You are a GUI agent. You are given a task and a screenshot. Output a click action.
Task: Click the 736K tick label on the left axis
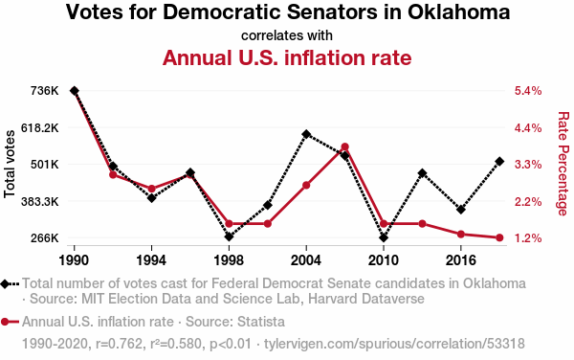coord(45,91)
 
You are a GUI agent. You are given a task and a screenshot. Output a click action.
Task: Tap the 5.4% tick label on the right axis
coord(528,91)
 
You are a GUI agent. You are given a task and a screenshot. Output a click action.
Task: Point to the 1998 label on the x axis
coord(229,260)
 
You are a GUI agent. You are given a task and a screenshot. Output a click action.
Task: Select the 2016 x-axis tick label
coord(461,260)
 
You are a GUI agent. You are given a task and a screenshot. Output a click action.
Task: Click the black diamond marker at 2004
coord(306,134)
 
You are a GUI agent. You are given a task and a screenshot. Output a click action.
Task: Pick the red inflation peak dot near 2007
coord(344,146)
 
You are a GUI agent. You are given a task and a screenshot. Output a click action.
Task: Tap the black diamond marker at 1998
coord(230,236)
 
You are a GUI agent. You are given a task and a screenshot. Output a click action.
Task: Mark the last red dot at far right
coord(499,237)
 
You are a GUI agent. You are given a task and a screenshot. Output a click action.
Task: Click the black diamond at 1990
coord(75,91)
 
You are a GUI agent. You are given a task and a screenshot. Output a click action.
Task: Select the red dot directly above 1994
coord(151,189)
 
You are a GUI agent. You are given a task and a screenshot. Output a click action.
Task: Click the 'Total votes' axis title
coord(10,164)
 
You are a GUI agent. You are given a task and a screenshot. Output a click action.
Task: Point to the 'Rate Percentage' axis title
coord(563,164)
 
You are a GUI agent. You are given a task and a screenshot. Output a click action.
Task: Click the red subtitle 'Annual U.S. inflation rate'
coord(287,57)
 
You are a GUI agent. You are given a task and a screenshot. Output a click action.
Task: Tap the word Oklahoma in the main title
coord(458,11)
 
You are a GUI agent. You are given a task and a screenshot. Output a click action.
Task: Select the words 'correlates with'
coord(287,35)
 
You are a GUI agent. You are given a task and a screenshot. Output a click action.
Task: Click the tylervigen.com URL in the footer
coord(394,344)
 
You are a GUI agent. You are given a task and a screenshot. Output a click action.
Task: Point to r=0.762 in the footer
coord(119,344)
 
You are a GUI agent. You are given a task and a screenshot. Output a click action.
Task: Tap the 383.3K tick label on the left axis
coord(40,201)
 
